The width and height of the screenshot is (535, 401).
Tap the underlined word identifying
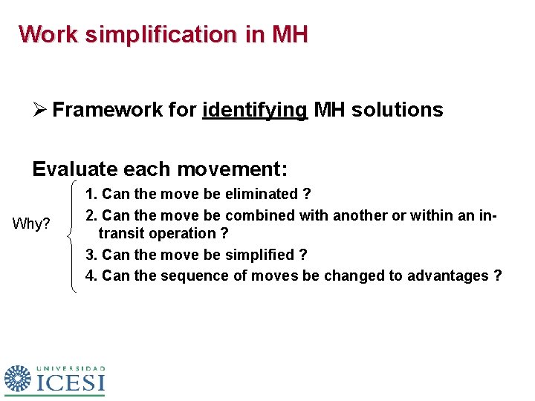tap(255, 111)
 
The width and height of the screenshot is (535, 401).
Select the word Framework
tap(97, 110)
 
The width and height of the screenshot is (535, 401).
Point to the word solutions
tap(400, 110)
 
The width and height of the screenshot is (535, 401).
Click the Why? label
tap(32, 224)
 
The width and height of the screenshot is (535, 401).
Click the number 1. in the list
tap(91, 195)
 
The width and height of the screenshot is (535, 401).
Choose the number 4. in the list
tap(91, 276)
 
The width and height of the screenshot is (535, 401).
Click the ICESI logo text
tap(71, 382)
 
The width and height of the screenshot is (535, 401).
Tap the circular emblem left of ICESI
tap(19, 378)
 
